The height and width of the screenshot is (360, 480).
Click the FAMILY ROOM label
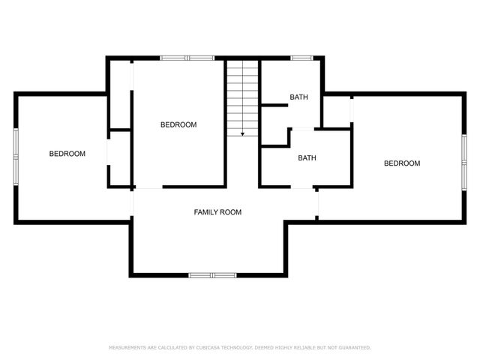click(x=217, y=212)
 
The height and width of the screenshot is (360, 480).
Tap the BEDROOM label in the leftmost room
click(x=67, y=154)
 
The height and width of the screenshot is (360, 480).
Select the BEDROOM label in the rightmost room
click(x=402, y=163)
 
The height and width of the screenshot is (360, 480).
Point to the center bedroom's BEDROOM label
click(x=178, y=124)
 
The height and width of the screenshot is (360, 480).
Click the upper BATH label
click(x=298, y=97)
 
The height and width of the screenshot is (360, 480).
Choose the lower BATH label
click(x=307, y=158)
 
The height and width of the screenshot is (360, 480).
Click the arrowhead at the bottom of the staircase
click(x=242, y=133)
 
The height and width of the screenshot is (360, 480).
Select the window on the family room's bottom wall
click(x=211, y=275)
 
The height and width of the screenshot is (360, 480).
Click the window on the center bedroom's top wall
click(x=187, y=57)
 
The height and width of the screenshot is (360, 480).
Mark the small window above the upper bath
click(x=301, y=57)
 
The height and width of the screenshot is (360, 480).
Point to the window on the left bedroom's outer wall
click(x=15, y=157)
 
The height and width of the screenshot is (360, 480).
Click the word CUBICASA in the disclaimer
click(x=208, y=348)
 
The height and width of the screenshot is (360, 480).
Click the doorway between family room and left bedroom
click(x=133, y=202)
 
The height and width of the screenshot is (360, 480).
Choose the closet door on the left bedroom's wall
click(x=109, y=150)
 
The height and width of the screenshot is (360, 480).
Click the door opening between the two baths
click(x=302, y=130)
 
